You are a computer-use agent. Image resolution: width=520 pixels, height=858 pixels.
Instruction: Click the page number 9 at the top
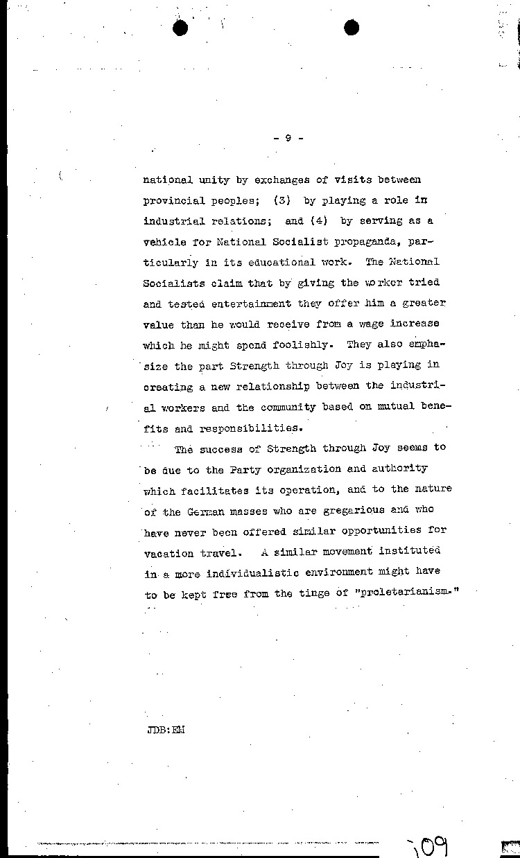pos(287,139)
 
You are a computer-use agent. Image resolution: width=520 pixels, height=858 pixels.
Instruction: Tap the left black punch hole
pos(182,28)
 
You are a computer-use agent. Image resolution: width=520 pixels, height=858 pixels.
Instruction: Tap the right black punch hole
pos(352,28)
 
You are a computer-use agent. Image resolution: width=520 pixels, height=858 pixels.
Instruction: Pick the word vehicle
pos(164,242)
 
